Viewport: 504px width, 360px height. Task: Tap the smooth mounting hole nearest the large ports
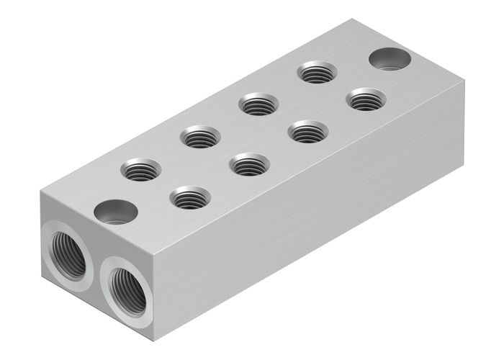[x=116, y=212]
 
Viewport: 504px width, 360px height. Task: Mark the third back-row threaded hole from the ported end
[x=259, y=104]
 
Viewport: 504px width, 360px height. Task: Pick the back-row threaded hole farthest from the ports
[x=317, y=72]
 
